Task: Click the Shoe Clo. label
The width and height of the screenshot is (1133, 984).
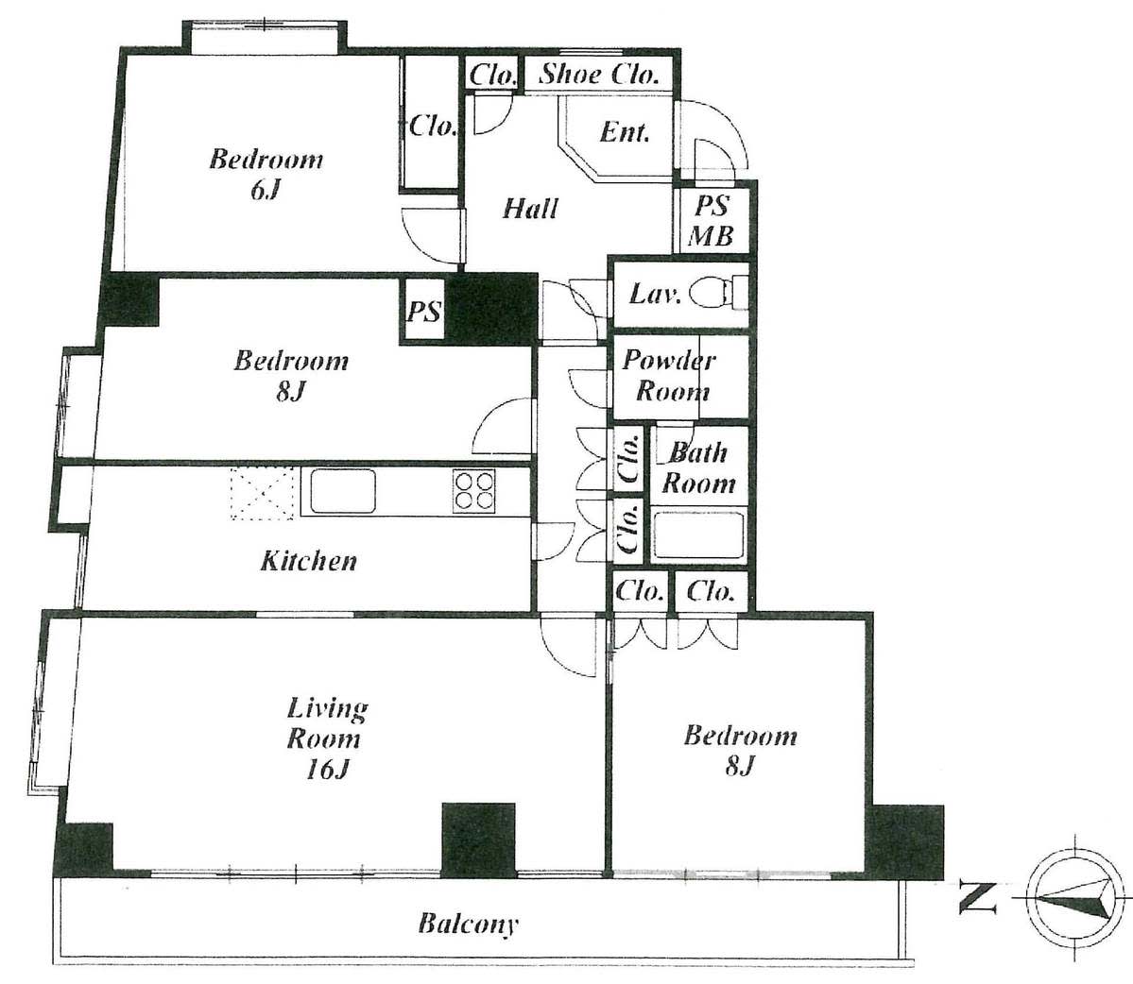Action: coord(599,74)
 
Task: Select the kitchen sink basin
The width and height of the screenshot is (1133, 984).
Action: coord(342,491)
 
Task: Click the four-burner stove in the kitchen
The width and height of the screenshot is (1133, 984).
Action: coord(474,491)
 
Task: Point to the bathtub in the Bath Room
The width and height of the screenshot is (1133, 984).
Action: coord(697,534)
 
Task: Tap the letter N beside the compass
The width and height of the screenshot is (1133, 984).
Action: coord(978,896)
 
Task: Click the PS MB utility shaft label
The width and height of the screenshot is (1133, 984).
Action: coord(711,220)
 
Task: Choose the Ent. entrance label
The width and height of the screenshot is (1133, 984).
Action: coord(625,132)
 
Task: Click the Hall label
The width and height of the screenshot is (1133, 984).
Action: coord(530,209)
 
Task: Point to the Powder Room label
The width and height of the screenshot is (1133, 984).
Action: coord(669,376)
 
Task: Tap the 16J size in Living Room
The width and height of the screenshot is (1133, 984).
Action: coord(327,770)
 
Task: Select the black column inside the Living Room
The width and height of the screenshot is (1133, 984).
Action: coord(478,840)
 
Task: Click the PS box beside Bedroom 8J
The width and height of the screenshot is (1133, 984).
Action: coord(423,311)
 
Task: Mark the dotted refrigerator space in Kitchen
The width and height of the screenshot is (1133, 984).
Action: coord(263,493)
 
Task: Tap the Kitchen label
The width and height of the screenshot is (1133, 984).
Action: coord(309,561)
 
